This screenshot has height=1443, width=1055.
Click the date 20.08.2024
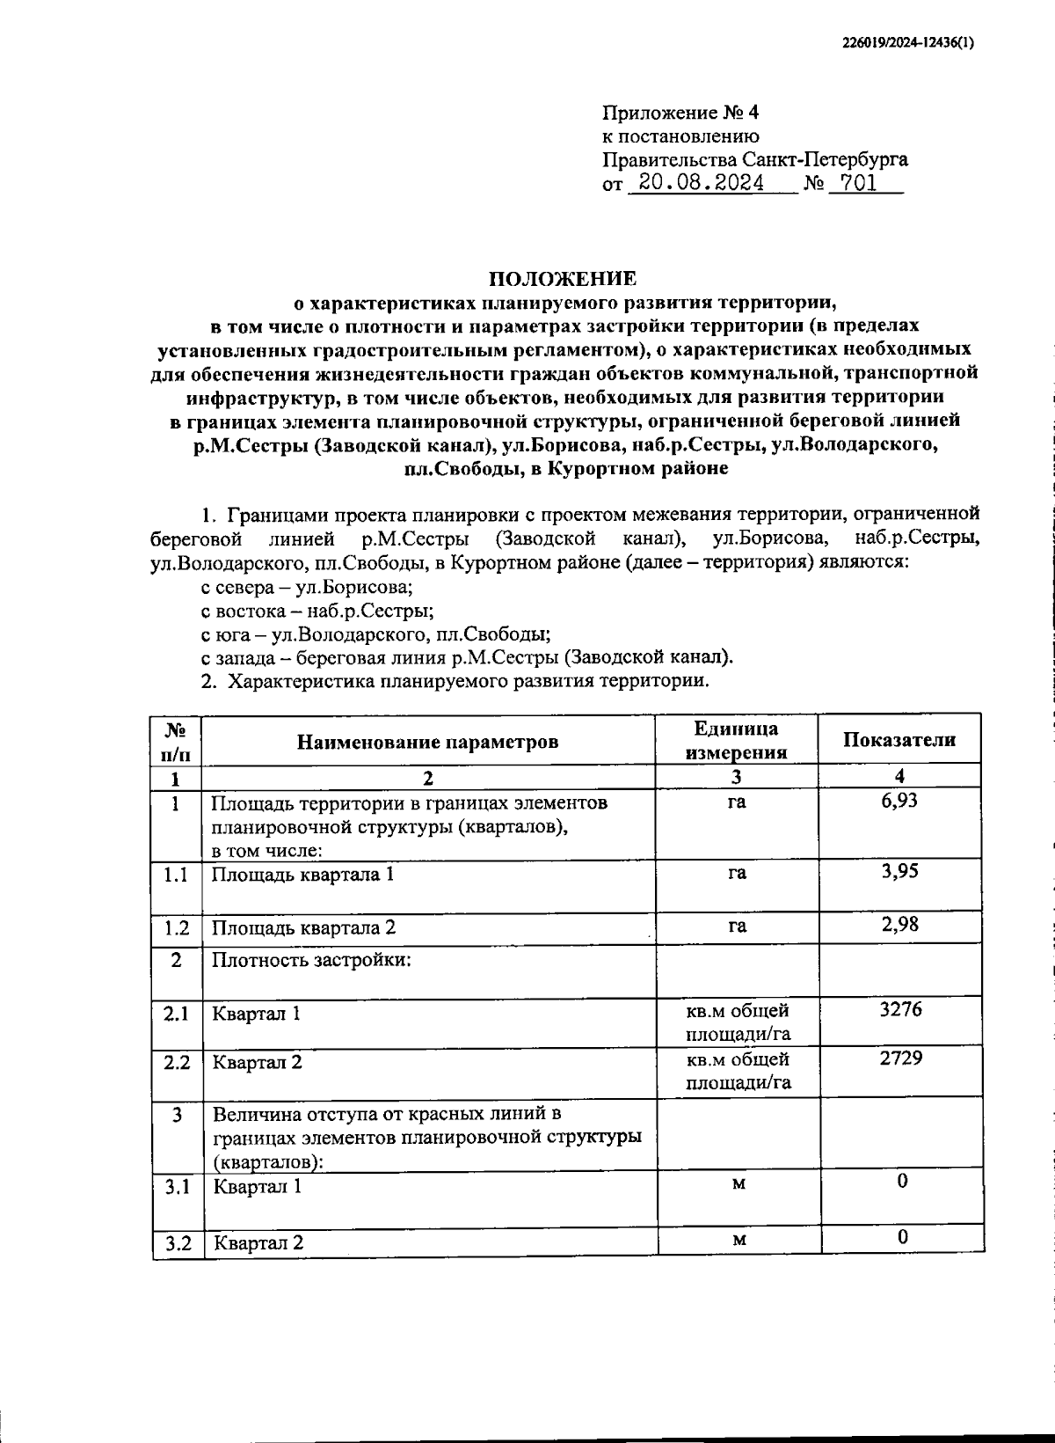(x=701, y=183)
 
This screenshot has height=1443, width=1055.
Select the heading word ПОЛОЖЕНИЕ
(x=563, y=279)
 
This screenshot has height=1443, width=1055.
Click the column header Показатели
(x=899, y=740)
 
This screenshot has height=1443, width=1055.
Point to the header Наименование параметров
(x=427, y=742)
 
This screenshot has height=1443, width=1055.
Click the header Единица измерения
(x=736, y=740)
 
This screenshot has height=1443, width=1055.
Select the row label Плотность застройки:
(x=311, y=959)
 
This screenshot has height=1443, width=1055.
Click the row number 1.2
(x=176, y=927)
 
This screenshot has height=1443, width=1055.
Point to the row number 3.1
(x=178, y=1187)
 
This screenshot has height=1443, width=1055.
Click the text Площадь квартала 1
(x=303, y=875)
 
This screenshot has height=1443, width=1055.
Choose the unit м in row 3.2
(x=738, y=1240)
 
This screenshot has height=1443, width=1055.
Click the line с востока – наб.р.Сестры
(x=316, y=611)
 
